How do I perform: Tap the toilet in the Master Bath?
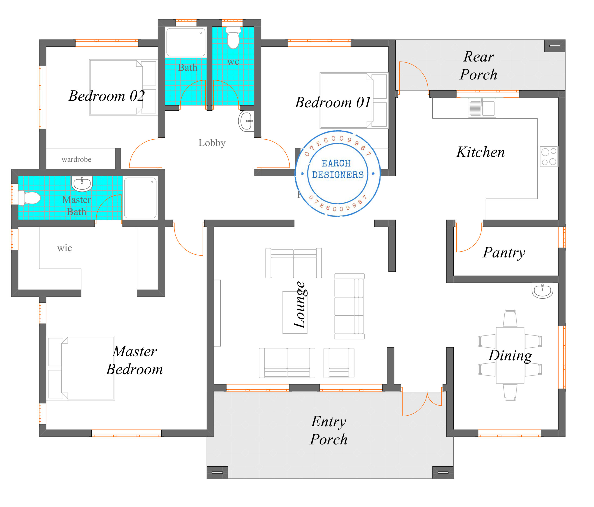point(29,198)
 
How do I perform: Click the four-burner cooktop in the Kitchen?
point(549,156)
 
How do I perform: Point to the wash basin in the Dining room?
point(542,290)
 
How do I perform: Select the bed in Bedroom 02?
point(123,87)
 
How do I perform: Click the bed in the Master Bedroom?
point(81,368)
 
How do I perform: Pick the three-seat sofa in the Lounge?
point(349,306)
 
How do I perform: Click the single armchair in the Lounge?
point(339,363)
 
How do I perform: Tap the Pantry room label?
point(504,253)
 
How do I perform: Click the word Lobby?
point(212,143)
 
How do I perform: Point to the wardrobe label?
point(77,160)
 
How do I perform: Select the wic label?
point(65,248)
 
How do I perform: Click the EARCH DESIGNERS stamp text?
point(337,169)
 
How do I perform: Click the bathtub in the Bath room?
point(186,42)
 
